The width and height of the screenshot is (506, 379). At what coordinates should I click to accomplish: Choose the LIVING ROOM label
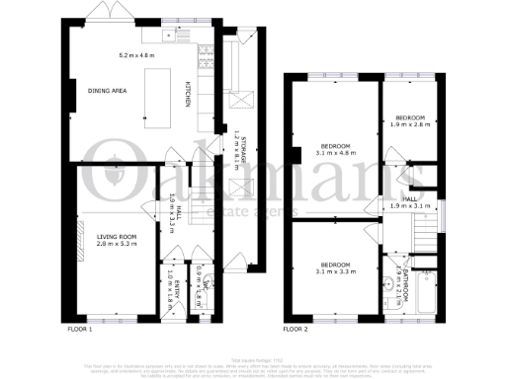click(116, 237)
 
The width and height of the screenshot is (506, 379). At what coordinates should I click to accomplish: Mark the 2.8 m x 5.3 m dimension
click(116, 244)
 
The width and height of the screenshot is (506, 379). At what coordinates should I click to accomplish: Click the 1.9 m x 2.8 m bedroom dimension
click(406, 125)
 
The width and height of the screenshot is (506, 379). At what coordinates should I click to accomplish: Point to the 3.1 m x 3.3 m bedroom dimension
click(332, 270)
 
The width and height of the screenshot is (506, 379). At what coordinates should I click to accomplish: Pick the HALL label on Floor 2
click(408, 198)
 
